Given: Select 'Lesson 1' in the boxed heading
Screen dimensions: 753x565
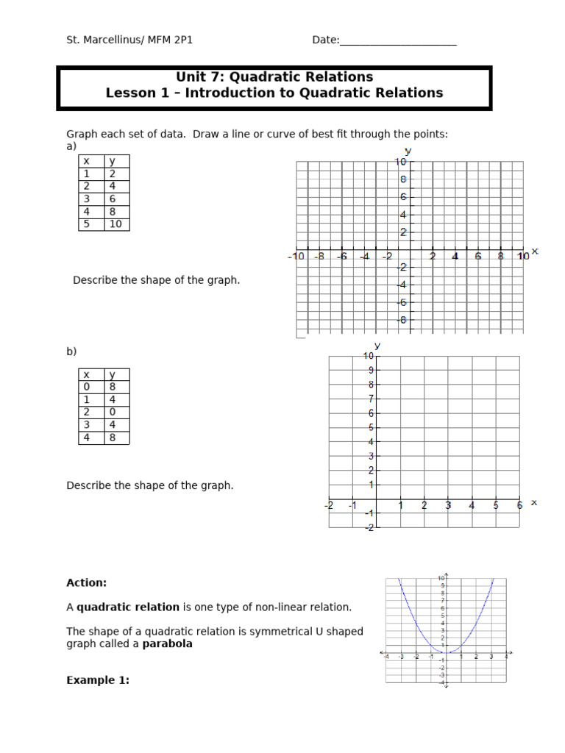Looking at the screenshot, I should pos(137,93).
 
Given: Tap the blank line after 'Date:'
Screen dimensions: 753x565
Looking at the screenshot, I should pos(398,40).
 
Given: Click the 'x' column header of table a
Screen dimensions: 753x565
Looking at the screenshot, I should pos(86,162).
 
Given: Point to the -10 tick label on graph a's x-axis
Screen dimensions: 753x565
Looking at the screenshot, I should pos(296,257).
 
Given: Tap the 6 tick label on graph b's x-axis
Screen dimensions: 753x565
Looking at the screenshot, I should pos(519,506).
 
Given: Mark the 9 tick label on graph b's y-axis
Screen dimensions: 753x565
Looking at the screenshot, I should pos(372,371).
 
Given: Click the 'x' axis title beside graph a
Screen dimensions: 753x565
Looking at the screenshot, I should pos(535,251).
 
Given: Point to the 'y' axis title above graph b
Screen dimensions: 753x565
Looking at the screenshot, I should pos(377,346).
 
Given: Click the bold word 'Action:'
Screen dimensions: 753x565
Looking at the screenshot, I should pos(86,583).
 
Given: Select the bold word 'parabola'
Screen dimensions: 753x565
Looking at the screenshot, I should pos(167,644).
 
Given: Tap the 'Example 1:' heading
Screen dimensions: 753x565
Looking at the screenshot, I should pos(98,681).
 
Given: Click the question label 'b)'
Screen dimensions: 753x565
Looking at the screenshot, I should pos(71,352).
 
